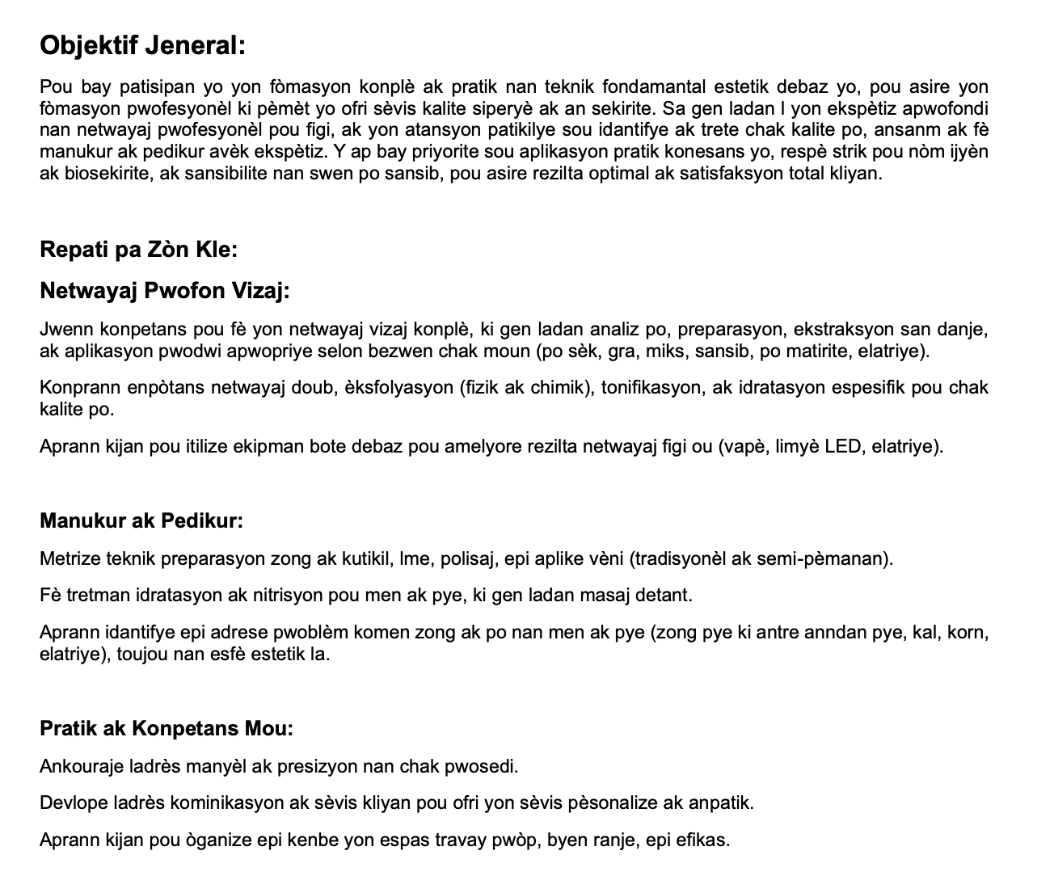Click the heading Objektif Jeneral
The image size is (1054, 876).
142,45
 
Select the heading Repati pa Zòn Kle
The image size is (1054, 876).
138,249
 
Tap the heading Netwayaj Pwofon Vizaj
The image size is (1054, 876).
164,290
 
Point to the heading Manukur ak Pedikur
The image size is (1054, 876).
141,520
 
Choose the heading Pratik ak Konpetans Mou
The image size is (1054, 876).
166,728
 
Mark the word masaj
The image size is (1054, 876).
605,596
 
